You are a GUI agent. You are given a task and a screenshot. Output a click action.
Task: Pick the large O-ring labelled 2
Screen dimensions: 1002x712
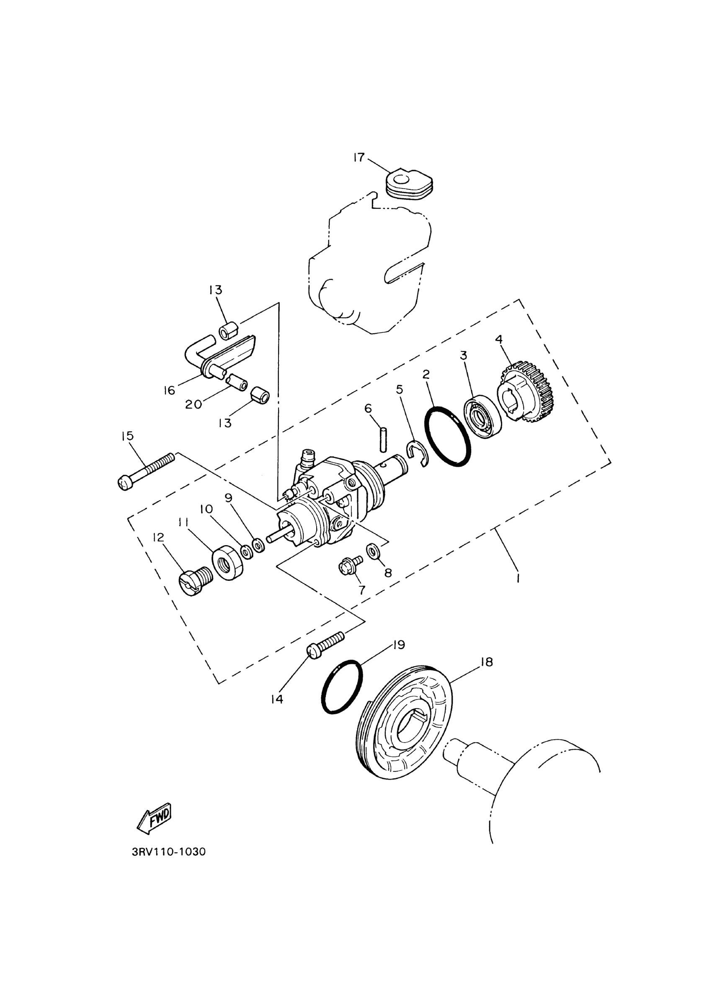[448, 436]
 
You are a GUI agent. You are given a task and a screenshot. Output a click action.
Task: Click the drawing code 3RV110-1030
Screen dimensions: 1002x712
[168, 852]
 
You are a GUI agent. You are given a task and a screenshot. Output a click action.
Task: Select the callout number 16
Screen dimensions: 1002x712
[170, 390]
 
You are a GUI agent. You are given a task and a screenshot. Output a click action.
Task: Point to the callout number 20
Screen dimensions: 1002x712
[193, 404]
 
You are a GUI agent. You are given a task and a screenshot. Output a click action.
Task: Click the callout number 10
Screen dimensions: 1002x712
[206, 509]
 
